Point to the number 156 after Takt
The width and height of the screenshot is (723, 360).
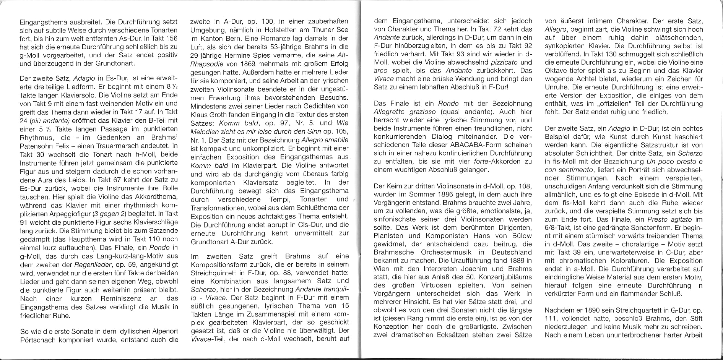pyautogui.click(x=170, y=38)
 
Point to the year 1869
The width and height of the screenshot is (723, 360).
pyautogui.click(x=243, y=63)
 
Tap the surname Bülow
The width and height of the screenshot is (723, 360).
pyautogui.click(x=520, y=235)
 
